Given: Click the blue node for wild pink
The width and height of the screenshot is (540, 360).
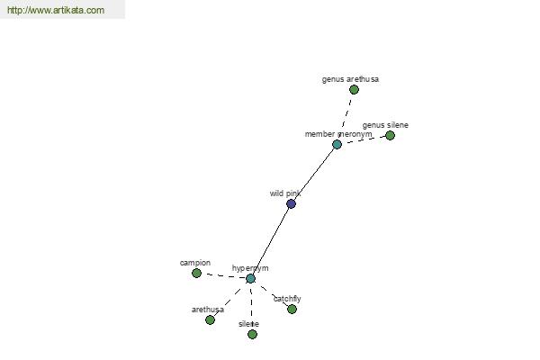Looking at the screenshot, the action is click(291, 204).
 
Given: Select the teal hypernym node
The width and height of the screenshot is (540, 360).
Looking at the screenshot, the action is click(251, 279).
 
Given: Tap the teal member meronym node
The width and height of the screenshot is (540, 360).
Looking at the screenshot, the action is click(337, 144).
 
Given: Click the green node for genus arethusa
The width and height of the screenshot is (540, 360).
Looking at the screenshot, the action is click(354, 90).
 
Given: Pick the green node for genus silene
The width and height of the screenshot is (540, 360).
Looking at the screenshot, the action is click(391, 135).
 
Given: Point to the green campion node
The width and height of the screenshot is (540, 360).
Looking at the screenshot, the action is click(196, 274).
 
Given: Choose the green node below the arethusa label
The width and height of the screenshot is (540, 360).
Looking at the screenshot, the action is click(210, 320).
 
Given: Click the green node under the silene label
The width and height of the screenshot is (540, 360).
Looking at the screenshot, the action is click(252, 334).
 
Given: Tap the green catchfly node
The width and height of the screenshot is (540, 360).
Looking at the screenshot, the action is click(292, 309).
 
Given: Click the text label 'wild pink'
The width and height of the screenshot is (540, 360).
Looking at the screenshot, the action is click(285, 193).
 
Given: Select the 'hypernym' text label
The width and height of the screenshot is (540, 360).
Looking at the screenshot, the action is click(250, 268).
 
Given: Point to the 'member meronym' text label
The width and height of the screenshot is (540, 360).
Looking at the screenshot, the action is click(338, 134).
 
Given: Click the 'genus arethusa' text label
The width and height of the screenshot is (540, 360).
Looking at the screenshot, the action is click(351, 79).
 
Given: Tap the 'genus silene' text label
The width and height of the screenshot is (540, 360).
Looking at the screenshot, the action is click(385, 125).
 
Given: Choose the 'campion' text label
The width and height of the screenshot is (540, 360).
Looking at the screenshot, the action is click(195, 263).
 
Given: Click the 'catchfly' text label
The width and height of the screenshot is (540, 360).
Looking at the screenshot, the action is click(287, 299).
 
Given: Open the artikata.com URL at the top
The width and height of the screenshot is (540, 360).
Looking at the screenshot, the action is click(56, 10).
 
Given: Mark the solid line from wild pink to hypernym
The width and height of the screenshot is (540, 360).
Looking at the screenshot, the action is click(271, 241).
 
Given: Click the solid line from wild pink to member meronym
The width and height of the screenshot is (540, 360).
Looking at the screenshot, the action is click(314, 174).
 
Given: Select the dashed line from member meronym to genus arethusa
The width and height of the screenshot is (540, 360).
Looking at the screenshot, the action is click(346, 114).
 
